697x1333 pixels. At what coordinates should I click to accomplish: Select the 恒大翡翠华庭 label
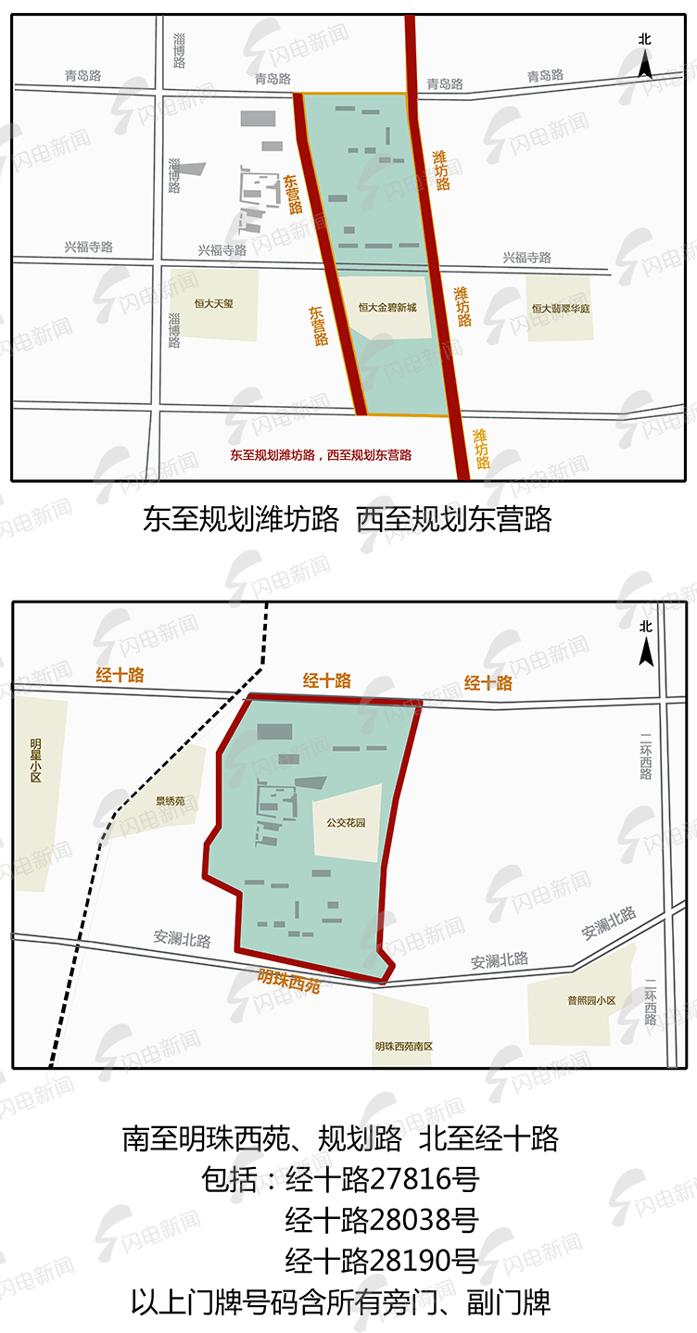560,308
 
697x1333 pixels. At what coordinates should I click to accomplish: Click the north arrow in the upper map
645,57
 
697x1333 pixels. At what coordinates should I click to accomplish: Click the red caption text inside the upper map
321,455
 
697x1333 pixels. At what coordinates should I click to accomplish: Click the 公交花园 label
346,821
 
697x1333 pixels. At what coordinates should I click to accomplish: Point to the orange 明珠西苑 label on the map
289,980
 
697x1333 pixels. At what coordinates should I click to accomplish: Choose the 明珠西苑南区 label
404,1046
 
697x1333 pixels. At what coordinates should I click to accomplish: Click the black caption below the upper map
347,519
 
